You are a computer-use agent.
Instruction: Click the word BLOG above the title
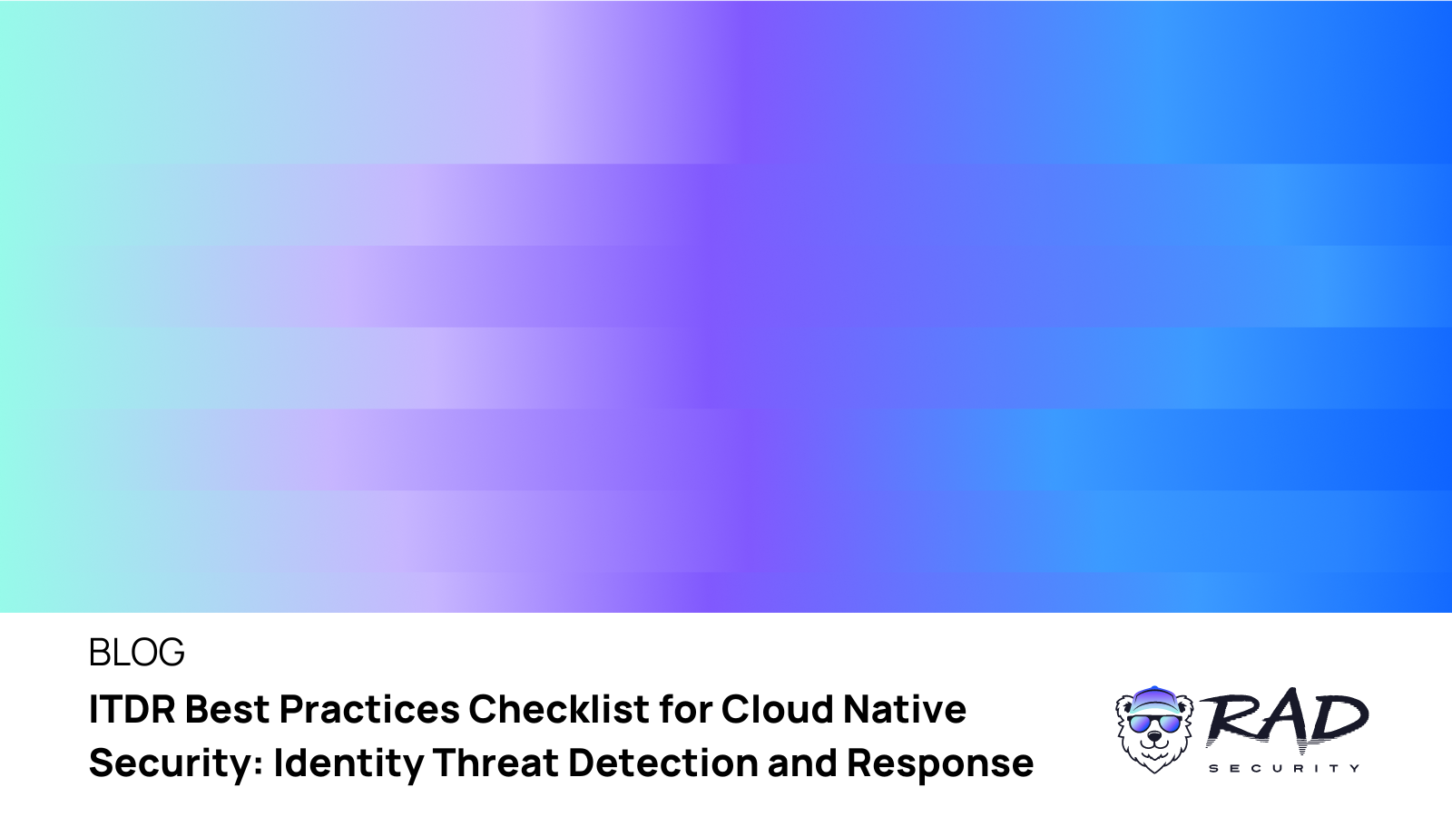coord(136,653)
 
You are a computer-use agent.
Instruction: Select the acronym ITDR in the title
coord(132,710)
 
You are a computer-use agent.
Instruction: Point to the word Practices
coord(369,710)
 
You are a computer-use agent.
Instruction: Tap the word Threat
coord(495,763)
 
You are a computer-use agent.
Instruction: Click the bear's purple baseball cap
coord(1154,700)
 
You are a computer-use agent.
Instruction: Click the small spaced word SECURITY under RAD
coord(1284,768)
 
